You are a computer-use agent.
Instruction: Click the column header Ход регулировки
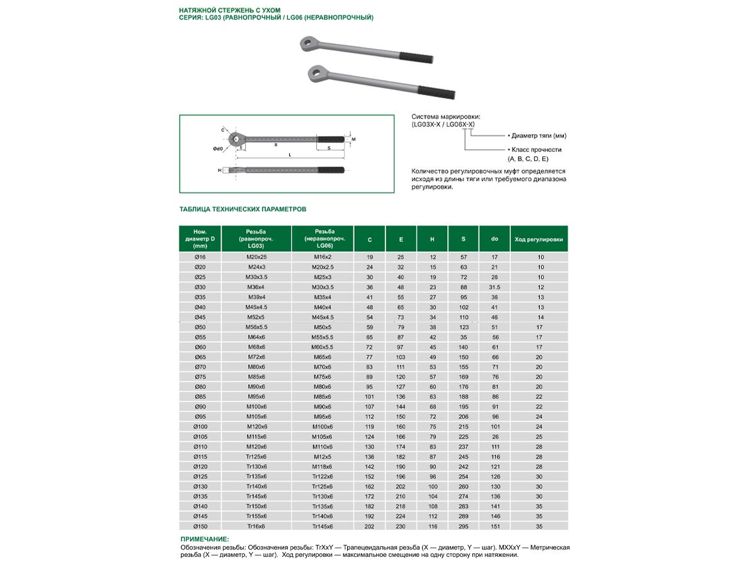click(x=539, y=239)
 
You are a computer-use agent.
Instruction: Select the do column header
click(x=495, y=239)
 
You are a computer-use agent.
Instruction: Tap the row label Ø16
click(x=200, y=257)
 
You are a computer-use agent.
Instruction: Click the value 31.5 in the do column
click(x=495, y=287)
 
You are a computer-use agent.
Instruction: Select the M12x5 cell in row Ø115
click(x=323, y=456)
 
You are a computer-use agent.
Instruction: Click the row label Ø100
click(x=200, y=427)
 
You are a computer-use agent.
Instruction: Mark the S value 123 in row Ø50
click(x=464, y=327)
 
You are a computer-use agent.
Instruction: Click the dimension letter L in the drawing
click(x=289, y=154)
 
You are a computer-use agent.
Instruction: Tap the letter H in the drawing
click(x=219, y=170)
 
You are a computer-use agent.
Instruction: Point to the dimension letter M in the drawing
click(x=353, y=139)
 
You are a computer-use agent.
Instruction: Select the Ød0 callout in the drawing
click(x=217, y=149)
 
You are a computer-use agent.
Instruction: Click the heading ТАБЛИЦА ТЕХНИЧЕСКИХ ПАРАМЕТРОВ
click(x=243, y=209)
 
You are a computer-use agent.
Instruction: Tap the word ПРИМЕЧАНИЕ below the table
click(x=205, y=539)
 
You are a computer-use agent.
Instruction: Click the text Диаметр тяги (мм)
click(x=539, y=135)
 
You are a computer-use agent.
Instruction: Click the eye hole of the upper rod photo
click(x=306, y=44)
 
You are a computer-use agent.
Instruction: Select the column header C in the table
click(x=370, y=239)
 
